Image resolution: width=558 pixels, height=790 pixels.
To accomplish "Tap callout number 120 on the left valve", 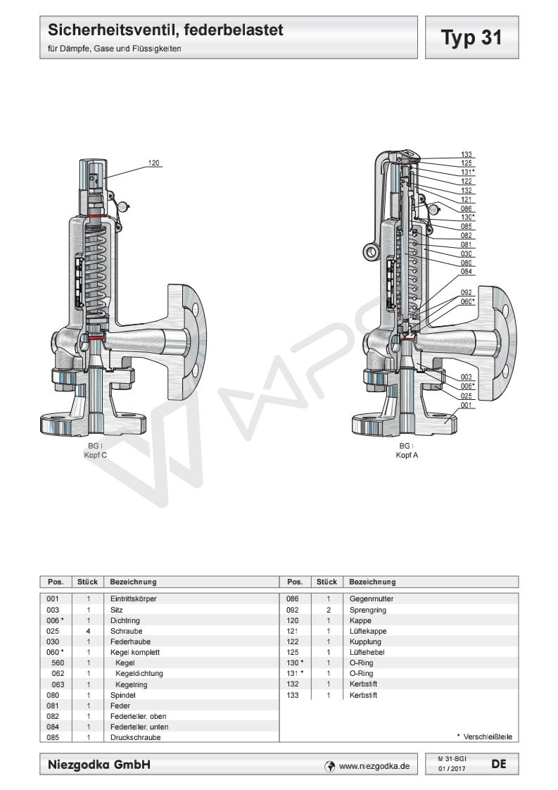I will coord(154,163).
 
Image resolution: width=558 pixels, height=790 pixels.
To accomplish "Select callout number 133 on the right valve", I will coord(467,154).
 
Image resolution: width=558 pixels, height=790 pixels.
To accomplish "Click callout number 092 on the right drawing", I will coord(466,291).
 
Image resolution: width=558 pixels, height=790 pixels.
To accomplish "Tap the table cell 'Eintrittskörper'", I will coord(133,598).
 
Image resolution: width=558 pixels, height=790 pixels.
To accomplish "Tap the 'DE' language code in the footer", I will coord(498,763).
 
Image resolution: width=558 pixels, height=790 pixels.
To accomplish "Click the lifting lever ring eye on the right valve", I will coord(371,251).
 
